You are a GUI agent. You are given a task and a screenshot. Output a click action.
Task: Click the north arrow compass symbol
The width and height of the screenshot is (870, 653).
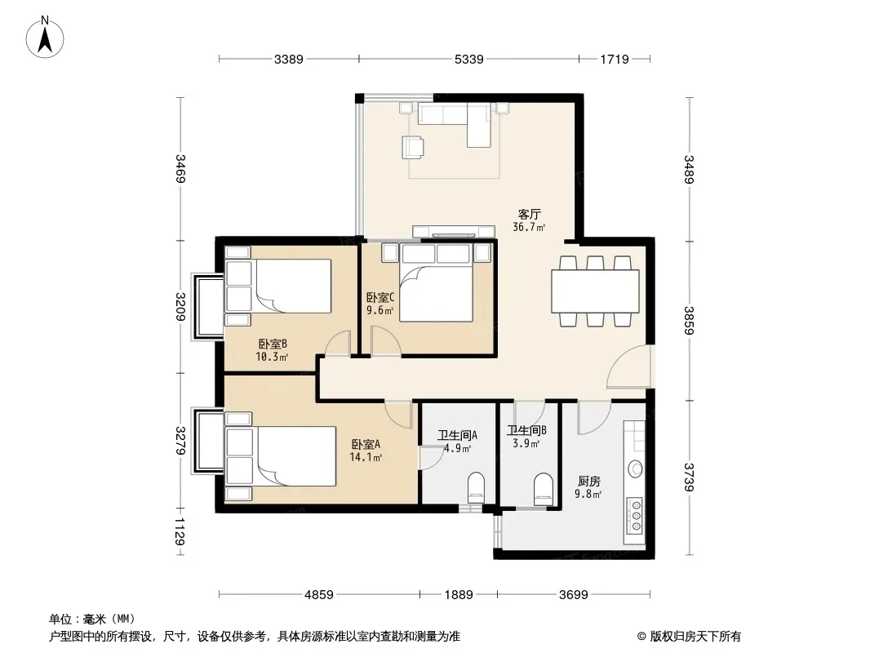pos(45,38)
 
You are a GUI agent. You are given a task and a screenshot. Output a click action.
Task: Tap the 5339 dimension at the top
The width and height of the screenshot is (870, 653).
pos(468,59)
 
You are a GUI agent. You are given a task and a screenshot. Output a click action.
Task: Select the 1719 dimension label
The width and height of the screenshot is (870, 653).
pos(615,59)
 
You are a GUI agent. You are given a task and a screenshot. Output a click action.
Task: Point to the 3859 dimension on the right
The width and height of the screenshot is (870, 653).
pos(689,321)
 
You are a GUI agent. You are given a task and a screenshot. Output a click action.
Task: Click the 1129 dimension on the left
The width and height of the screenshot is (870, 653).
pos(180,531)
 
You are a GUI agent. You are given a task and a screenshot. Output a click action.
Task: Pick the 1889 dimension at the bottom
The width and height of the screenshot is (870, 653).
pos(459,595)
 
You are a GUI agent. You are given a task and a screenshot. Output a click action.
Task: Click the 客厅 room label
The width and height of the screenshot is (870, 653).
pos(530,214)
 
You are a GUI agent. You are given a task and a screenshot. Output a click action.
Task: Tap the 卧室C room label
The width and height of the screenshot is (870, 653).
pos(380,298)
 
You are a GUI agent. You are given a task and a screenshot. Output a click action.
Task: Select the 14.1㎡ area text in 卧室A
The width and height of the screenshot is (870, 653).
pos(366,457)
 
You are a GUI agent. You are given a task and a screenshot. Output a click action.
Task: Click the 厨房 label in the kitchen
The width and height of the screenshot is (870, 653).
pos(588,481)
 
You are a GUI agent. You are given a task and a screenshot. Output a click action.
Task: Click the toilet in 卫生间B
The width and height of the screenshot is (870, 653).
pos(544,488)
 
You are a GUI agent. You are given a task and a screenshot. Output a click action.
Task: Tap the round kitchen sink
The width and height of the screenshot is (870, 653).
pos(637,469)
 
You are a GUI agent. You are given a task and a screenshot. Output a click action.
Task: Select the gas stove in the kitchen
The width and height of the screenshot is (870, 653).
pos(636,516)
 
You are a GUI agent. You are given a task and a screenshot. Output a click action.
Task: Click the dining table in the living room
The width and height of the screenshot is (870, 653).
pos(595,291)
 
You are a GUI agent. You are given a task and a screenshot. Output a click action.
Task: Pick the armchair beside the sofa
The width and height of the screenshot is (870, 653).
pos(413,148)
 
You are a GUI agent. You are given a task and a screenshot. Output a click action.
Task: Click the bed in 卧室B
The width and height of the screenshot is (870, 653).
pos(278,287)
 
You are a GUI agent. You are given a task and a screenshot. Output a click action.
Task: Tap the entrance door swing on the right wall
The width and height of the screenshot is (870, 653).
pos(630,366)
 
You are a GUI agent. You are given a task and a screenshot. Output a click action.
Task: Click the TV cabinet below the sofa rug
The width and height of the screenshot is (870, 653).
pos(453,231)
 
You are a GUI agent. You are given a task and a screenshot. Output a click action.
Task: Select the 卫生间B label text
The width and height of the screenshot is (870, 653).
pos(526,430)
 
